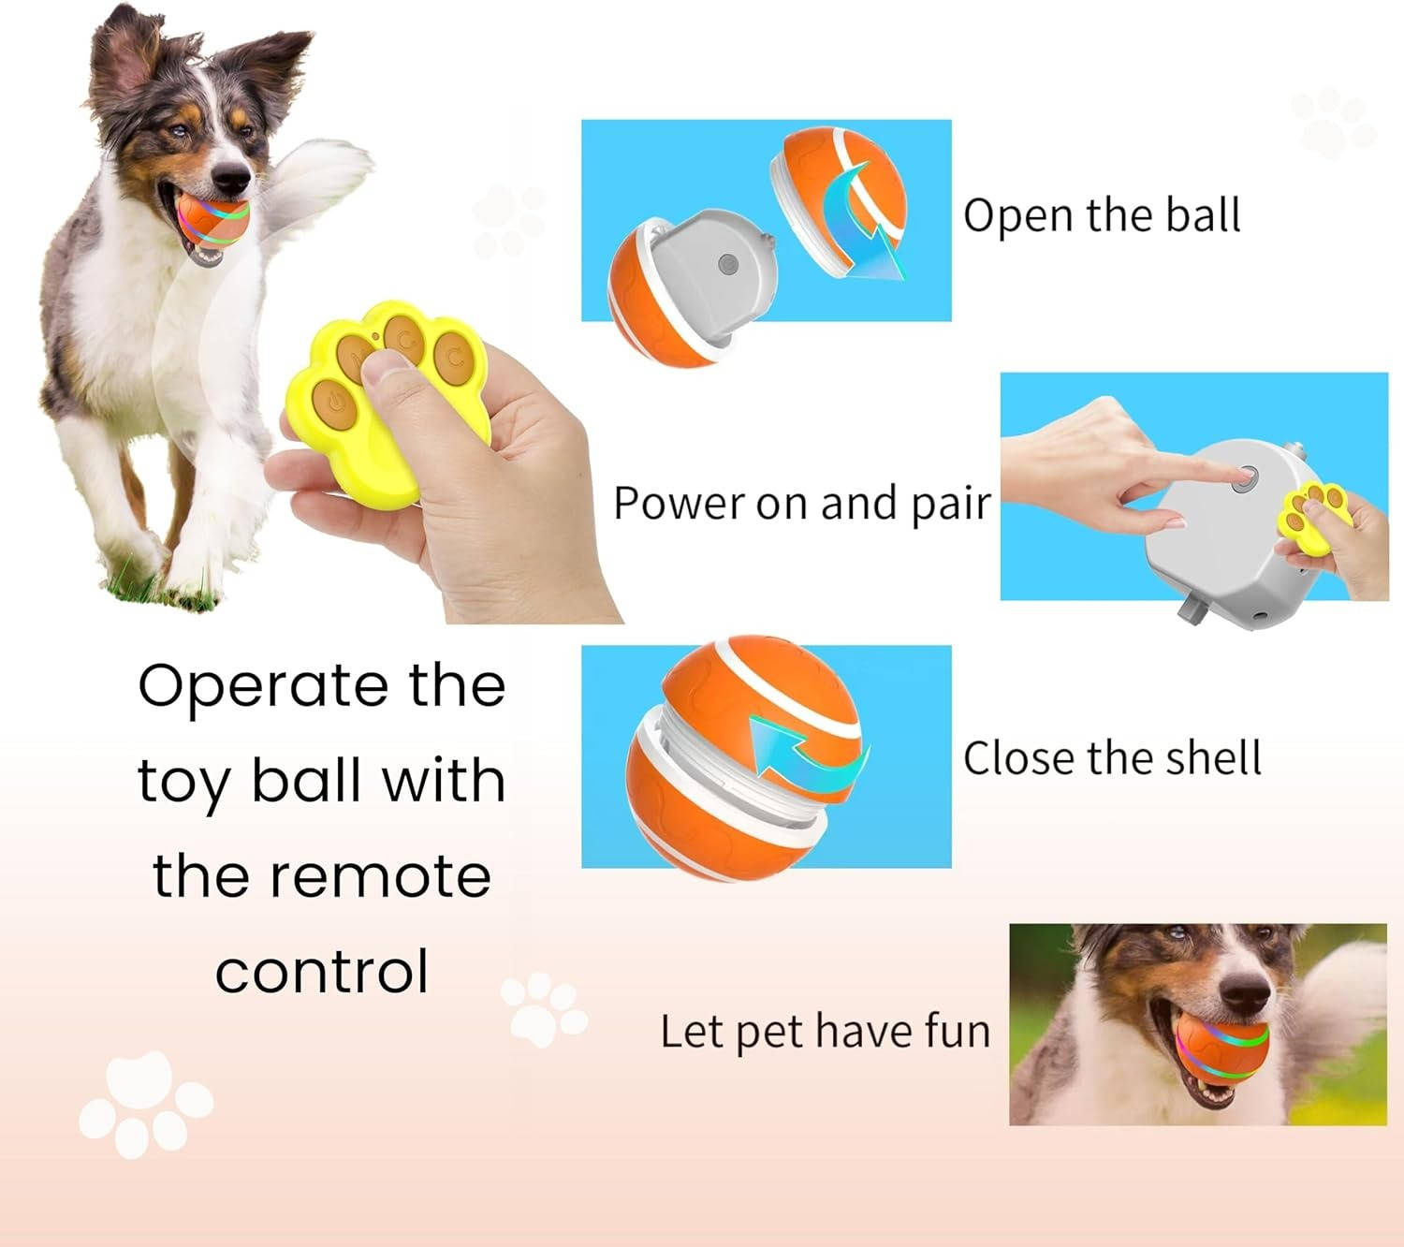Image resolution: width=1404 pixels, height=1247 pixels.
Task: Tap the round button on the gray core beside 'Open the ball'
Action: (x=726, y=265)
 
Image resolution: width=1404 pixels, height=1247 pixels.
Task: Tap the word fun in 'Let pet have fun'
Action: (x=957, y=1032)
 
